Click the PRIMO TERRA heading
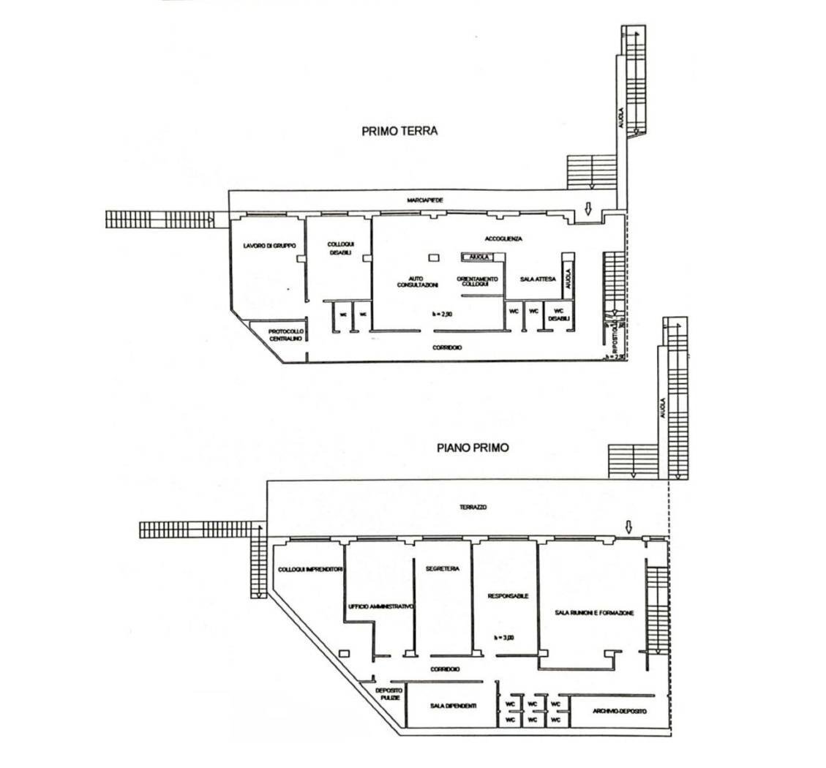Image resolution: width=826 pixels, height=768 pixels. [x=399, y=132]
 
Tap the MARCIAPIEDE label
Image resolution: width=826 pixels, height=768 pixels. [x=425, y=200]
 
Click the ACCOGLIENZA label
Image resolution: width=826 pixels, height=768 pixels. [x=503, y=239]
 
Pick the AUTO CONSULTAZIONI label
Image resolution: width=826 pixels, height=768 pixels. [x=417, y=282]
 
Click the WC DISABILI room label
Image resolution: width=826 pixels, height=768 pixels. [x=559, y=313]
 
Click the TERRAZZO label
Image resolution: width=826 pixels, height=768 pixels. [x=473, y=507]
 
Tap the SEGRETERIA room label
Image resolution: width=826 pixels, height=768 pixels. [x=442, y=568]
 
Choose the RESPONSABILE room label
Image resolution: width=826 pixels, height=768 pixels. [x=508, y=596]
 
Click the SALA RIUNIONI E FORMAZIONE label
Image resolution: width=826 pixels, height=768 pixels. [x=594, y=613]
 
